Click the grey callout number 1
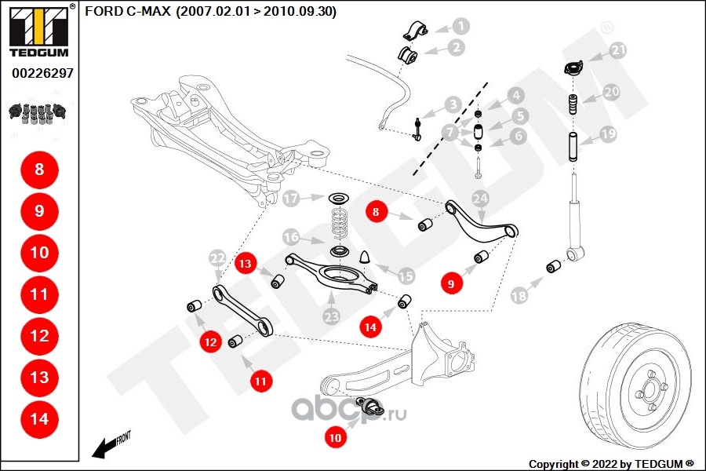[x=460, y=26]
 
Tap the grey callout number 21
[x=619, y=51]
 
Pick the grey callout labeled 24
[x=481, y=199]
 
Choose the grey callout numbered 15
[x=406, y=276]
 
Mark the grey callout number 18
[x=519, y=295]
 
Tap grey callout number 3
[x=453, y=104]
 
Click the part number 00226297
[x=42, y=73]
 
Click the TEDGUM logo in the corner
[x=38, y=30]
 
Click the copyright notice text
[x=611, y=463]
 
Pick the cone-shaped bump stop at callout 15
[x=365, y=257]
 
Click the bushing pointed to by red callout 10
[x=373, y=406]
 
